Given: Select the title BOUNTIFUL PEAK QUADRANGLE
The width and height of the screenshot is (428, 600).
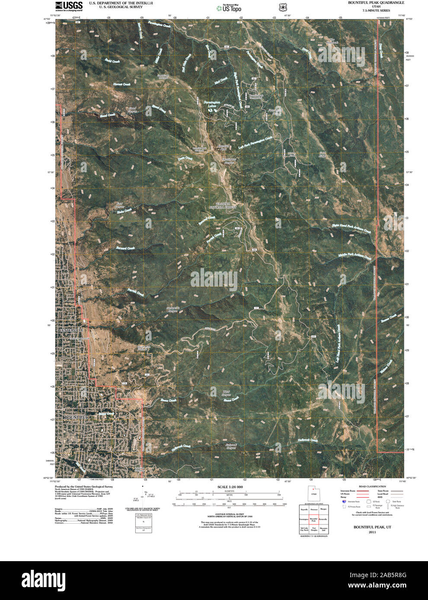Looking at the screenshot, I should point(376,3).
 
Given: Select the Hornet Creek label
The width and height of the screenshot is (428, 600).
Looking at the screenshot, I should point(121,84).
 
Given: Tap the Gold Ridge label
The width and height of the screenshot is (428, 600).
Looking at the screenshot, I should point(323,154).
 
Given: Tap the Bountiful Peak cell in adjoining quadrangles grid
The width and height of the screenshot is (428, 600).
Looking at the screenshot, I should point(313,520).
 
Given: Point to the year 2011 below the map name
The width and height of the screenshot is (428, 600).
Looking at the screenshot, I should point(372,533).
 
